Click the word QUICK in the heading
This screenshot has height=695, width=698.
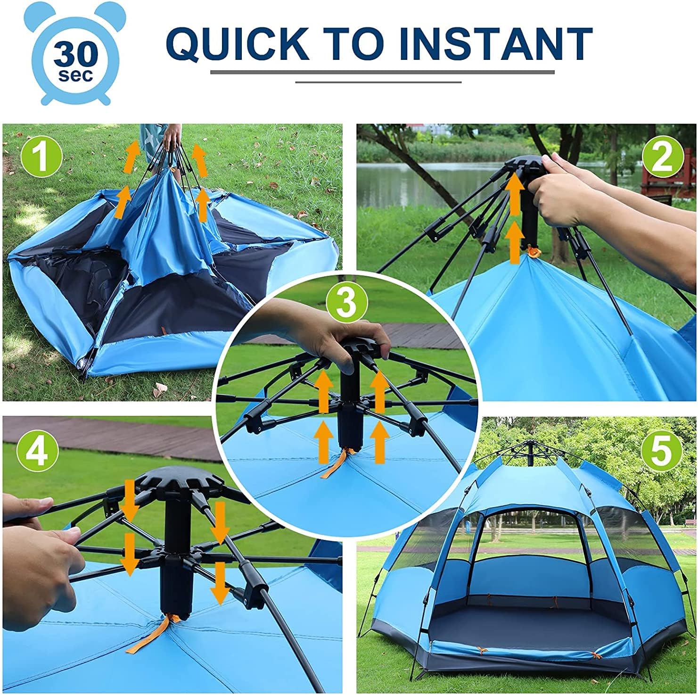pos(237,43)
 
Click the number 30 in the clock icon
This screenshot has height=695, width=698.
pos(75,56)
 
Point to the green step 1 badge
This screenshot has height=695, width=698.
pos(41,157)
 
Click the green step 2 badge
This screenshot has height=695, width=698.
pos(663,158)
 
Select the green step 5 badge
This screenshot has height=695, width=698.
pos(660,451)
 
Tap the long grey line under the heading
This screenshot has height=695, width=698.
pos(382,73)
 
